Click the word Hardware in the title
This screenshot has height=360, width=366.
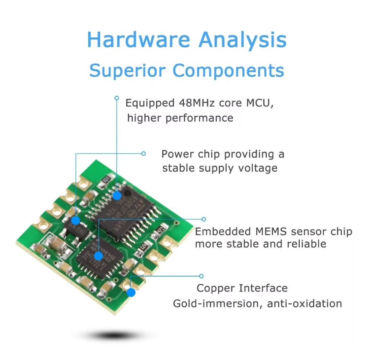coord(138,40)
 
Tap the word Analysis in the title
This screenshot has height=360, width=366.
coord(243,40)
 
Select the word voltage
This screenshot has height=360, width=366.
coord(257,168)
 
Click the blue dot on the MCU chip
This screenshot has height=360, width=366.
coord(117,195)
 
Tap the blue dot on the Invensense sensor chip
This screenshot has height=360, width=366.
coord(98,256)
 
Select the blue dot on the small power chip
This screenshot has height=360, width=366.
coord(75,220)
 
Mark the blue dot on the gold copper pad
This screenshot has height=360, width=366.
coord(131,292)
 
